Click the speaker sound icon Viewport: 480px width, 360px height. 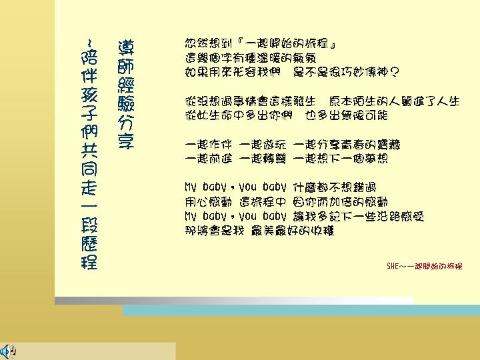click(8, 351)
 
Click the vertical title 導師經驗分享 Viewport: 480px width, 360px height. click(126, 94)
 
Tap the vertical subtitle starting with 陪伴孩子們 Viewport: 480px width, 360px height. click(89, 155)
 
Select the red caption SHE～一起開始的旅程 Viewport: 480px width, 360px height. click(424, 266)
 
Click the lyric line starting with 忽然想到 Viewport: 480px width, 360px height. click(260, 43)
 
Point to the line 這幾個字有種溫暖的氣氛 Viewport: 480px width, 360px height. click(251, 58)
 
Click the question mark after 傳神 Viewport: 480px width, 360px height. click(395, 72)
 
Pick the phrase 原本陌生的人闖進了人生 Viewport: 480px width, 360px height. click(394, 101)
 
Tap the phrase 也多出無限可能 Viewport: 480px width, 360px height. click(347, 115)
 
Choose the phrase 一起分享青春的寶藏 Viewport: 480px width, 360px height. click(346, 145)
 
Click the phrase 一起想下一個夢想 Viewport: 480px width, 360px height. click(341, 159)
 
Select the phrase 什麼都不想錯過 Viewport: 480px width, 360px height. click(334, 187)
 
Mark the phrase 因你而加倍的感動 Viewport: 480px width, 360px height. click(341, 202)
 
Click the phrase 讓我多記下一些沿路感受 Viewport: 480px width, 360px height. click(359, 217)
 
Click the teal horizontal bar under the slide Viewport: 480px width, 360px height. click(301, 311)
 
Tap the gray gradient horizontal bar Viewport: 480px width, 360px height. click(234, 300)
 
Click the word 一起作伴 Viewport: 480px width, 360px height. click(208, 145)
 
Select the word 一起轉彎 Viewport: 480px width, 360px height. click(263, 159)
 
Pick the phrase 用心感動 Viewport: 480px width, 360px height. click(208, 202)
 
